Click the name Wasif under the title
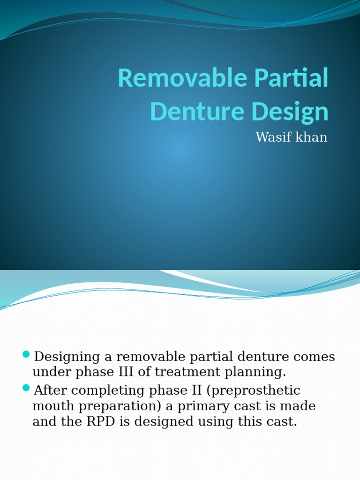[272, 137]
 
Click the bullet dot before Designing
[26, 354]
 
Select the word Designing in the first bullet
[67, 357]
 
